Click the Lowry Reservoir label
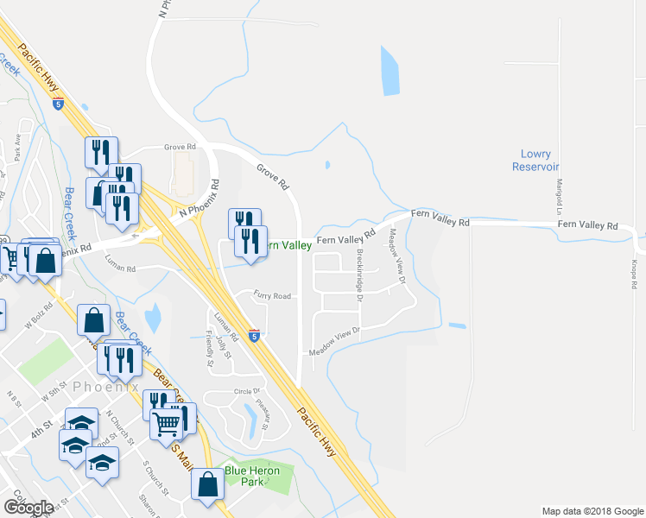click(x=535, y=160)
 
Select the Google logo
click(x=28, y=506)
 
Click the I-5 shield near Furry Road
click(x=254, y=334)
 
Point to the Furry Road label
click(x=272, y=296)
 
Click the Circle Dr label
click(x=246, y=392)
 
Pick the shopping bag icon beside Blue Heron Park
click(x=208, y=485)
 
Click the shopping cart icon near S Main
click(x=167, y=422)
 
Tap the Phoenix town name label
click(x=107, y=388)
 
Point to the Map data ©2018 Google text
click(x=592, y=511)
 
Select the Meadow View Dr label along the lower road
click(x=334, y=342)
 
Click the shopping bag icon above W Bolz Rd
click(x=93, y=320)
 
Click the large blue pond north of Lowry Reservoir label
click(x=389, y=71)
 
